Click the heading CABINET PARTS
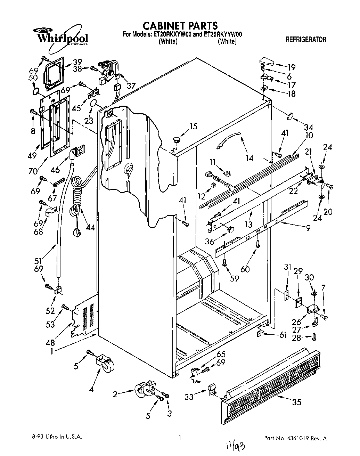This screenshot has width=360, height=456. (180, 25)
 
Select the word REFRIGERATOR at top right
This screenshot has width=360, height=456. (306, 40)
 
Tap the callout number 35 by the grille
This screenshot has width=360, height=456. (296, 402)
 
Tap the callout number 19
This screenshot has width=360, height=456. (291, 67)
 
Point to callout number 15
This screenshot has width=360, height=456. (193, 126)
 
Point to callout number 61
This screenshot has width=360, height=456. (283, 335)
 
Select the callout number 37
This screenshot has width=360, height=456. (131, 85)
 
